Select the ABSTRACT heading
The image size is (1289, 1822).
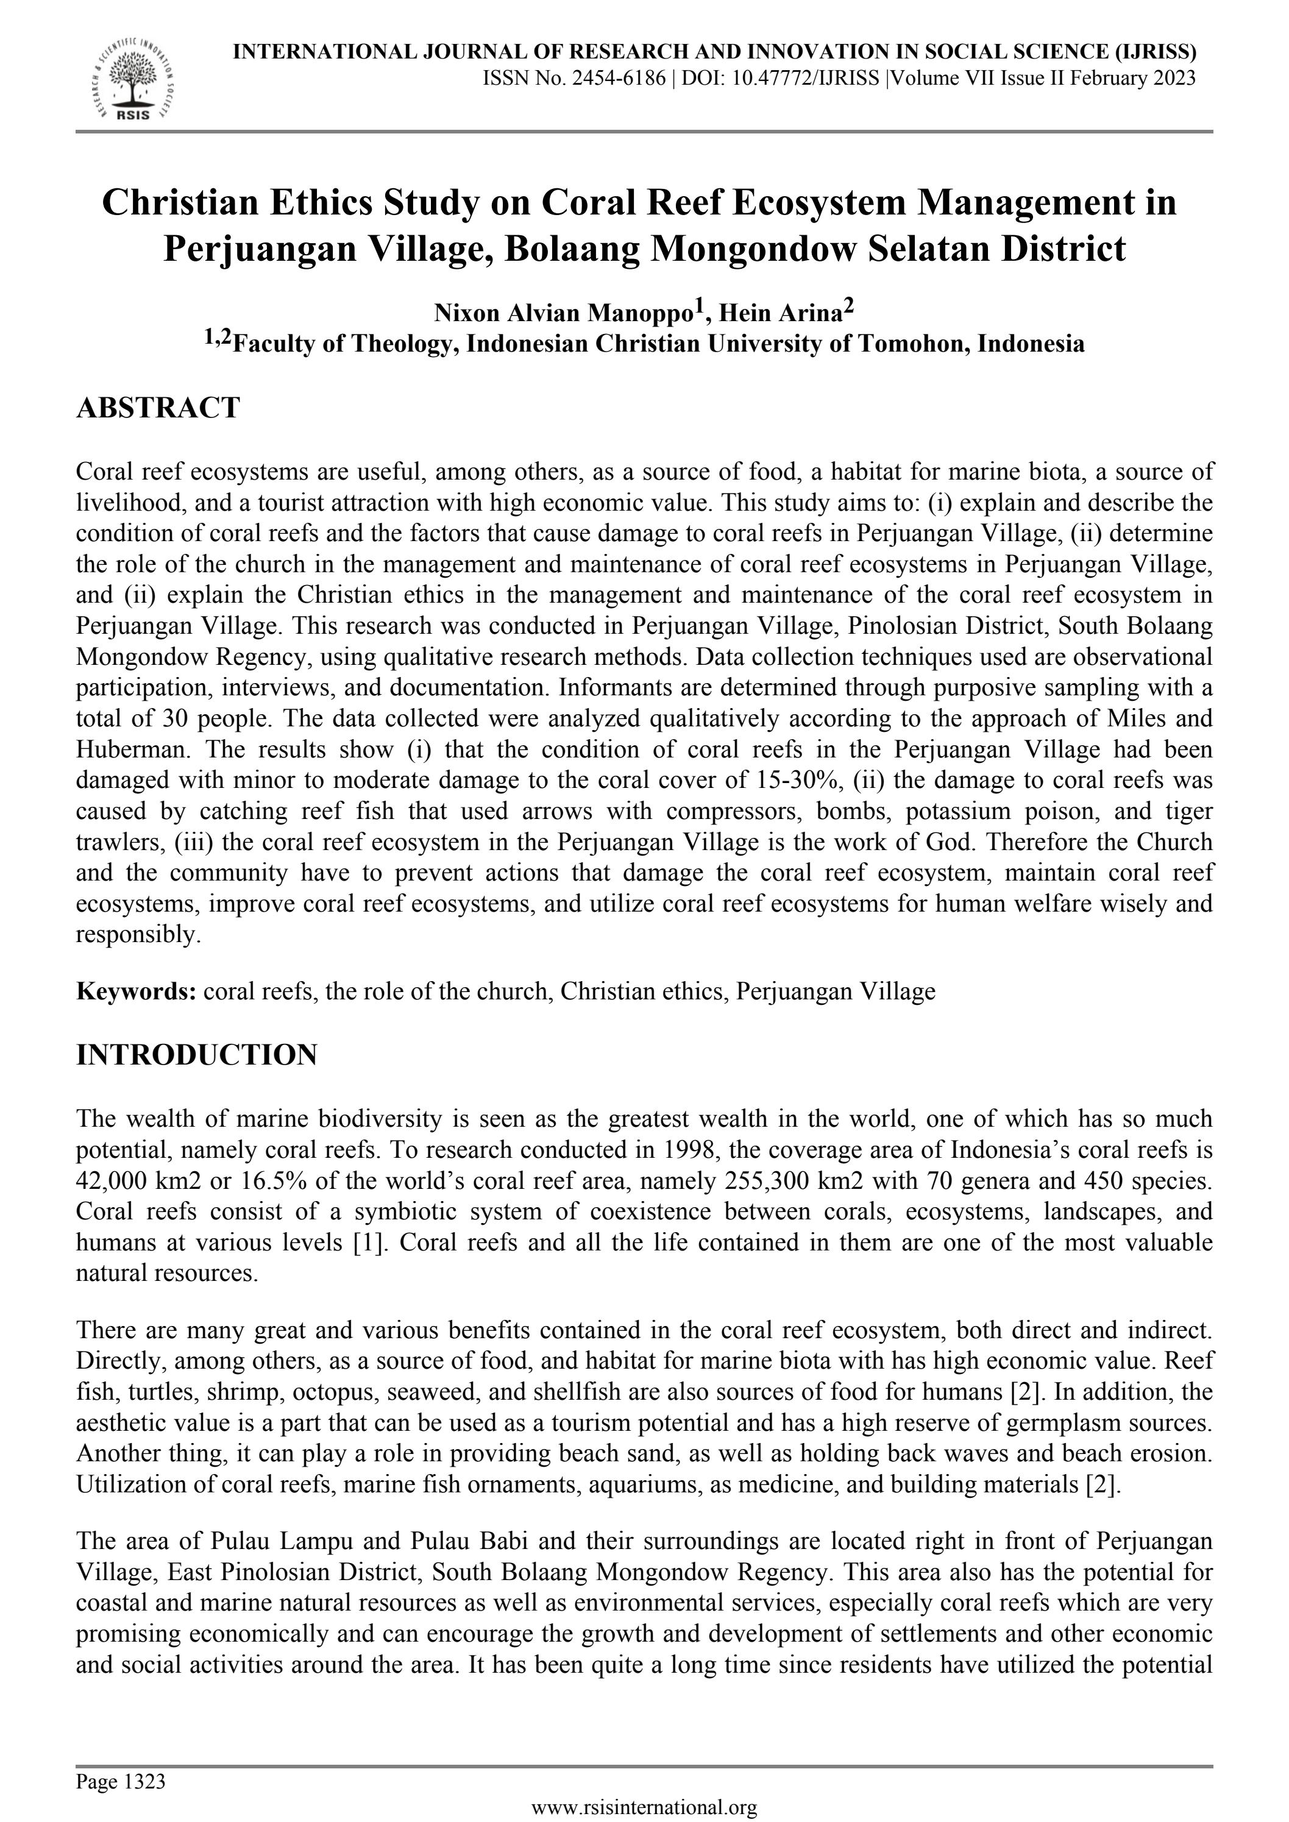(x=157, y=408)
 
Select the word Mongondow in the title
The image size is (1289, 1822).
(x=751, y=249)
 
